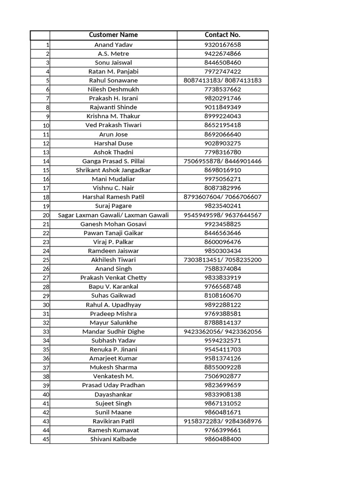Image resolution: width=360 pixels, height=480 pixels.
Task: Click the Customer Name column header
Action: click(x=113, y=35)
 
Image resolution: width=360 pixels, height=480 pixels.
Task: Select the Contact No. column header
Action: click(x=223, y=35)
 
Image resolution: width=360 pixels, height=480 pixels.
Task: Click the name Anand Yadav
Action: click(x=113, y=45)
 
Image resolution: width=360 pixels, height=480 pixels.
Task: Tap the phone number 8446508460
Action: click(x=223, y=62)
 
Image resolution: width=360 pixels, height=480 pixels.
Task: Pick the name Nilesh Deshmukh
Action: click(x=113, y=89)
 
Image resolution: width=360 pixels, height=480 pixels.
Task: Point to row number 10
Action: click(x=46, y=126)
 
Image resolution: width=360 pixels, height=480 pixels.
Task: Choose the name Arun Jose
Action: click(x=113, y=134)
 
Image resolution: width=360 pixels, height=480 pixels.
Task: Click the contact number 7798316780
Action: click(x=223, y=152)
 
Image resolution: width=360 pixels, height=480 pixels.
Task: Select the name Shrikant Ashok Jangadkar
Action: click(x=113, y=170)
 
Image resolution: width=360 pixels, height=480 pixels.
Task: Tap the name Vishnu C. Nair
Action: click(x=113, y=188)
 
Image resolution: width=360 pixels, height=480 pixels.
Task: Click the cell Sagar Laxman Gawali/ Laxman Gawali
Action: click(x=113, y=215)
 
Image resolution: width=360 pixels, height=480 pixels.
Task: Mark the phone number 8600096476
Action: click(x=223, y=242)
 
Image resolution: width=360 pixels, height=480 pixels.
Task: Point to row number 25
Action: click(x=46, y=260)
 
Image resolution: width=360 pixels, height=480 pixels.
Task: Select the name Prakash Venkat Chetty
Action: click(x=113, y=277)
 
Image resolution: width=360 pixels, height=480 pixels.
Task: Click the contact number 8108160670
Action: click(x=223, y=296)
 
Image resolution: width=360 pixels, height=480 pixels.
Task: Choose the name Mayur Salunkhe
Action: click(x=113, y=322)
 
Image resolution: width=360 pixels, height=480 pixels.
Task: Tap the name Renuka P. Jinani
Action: click(x=113, y=349)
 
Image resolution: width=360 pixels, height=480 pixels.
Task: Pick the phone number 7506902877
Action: click(x=223, y=376)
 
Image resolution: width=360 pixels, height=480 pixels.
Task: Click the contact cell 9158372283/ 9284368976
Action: click(x=223, y=421)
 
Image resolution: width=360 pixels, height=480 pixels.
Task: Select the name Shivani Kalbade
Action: click(x=113, y=439)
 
